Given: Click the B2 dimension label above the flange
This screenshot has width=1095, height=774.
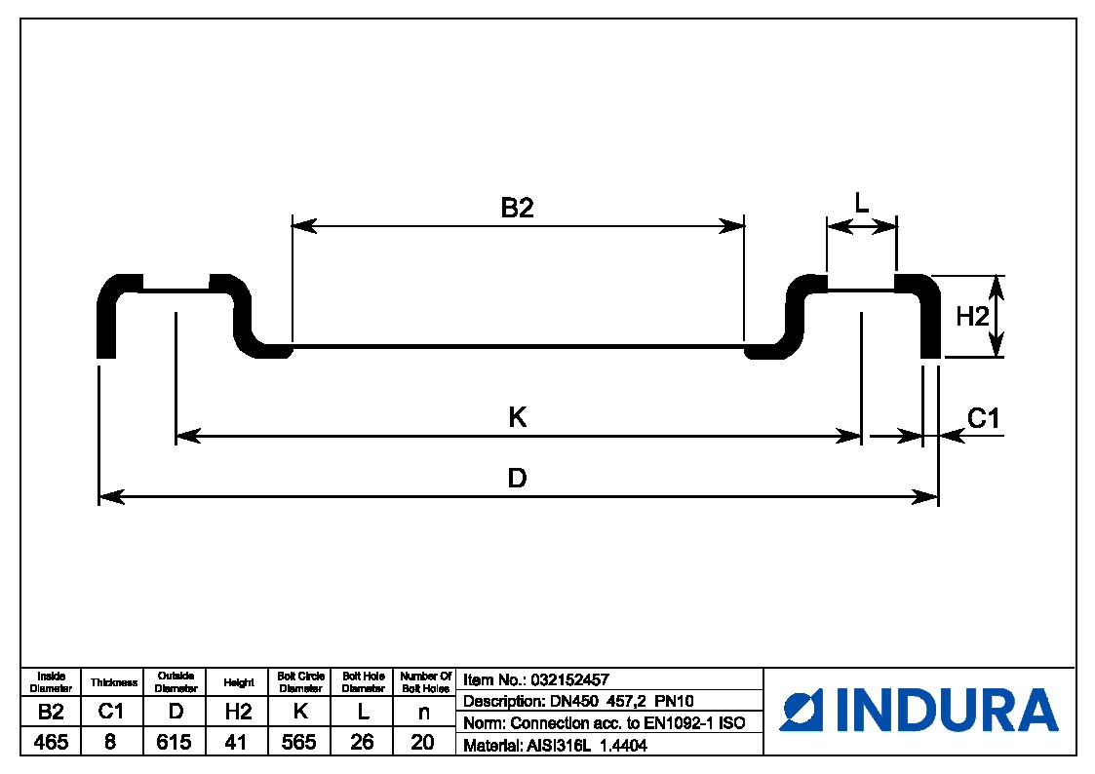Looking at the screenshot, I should (518, 208).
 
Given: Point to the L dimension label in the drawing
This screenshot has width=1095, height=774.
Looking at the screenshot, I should (861, 203).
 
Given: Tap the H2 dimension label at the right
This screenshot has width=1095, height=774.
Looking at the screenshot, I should (972, 316).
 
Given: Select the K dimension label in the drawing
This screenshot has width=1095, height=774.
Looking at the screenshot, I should (518, 417).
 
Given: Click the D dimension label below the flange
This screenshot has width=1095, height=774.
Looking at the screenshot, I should (518, 479).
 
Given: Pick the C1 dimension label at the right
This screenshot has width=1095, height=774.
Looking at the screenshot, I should (984, 418).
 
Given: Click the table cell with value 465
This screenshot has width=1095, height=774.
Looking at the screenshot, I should (51, 742).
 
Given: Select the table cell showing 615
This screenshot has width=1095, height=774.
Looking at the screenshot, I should (175, 742).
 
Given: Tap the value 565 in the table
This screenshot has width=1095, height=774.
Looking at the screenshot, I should (299, 742).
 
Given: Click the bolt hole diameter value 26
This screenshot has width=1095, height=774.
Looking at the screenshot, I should (362, 742).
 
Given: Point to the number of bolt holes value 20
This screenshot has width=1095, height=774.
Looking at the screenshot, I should (423, 742).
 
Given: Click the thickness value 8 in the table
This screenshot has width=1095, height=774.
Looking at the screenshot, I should (110, 742).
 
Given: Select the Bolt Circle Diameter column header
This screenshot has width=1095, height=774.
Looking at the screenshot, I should (300, 681).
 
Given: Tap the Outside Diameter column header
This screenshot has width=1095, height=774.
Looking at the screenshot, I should (176, 681).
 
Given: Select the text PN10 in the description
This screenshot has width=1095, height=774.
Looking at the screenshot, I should (674, 701).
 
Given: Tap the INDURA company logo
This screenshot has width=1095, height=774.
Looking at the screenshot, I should (919, 710).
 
